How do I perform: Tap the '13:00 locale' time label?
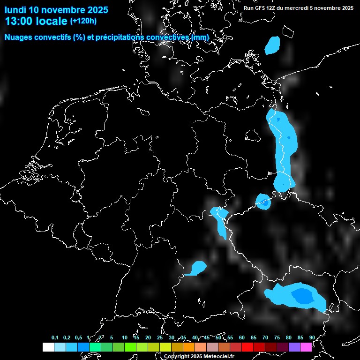click(x=36, y=21)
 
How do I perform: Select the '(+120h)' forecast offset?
click(x=83, y=21)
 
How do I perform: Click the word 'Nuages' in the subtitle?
click(x=18, y=37)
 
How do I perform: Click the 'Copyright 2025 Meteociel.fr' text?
click(x=199, y=356)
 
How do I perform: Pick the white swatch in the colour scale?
click(x=48, y=347)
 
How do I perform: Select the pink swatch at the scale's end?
click(x=306, y=347)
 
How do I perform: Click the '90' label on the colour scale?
click(x=312, y=337)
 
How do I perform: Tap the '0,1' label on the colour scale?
click(x=55, y=337)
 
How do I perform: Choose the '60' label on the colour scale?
click(x=241, y=337)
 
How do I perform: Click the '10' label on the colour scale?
click(x=124, y=337)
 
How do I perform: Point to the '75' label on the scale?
click(x=277, y=337)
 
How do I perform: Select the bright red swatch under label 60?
click(x=247, y=347)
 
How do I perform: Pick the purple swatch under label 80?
click(x=294, y=347)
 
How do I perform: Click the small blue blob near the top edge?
click(x=272, y=45)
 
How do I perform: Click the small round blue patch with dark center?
click(x=263, y=202)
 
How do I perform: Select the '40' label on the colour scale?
click(x=195, y=337)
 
